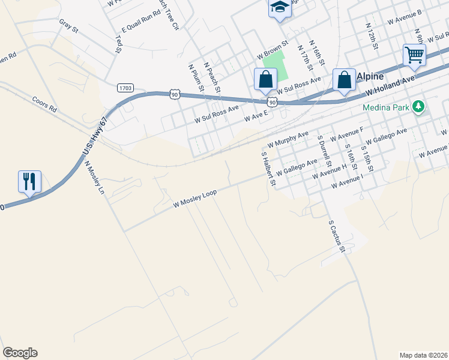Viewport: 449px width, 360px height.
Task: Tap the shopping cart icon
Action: tap(414, 55)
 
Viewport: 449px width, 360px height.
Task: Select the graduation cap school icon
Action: tap(279, 8)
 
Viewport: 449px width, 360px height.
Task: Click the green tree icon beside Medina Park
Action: tap(418, 108)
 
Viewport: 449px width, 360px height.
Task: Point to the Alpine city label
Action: tap(370, 76)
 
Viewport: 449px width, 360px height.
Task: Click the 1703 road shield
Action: tap(125, 88)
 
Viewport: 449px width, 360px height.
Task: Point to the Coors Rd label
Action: tap(44, 105)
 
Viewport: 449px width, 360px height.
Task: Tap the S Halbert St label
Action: tap(267, 169)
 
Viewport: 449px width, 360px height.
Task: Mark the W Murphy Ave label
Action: tap(288, 139)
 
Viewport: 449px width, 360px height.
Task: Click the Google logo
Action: tap(20, 353)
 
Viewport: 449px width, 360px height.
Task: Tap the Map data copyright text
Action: tap(423, 355)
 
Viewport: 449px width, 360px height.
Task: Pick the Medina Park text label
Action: tap(385, 109)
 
